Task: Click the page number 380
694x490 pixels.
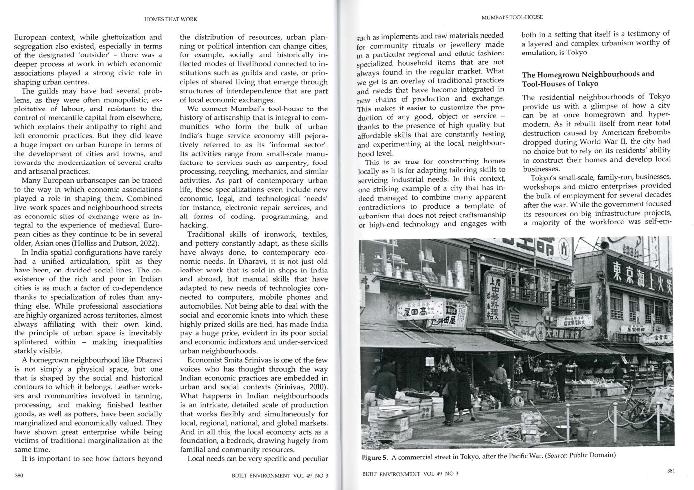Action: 20,475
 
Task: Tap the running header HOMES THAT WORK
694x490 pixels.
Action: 171,19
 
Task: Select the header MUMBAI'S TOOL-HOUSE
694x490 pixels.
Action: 512,17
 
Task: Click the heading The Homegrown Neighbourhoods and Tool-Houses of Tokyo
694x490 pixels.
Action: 588,79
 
